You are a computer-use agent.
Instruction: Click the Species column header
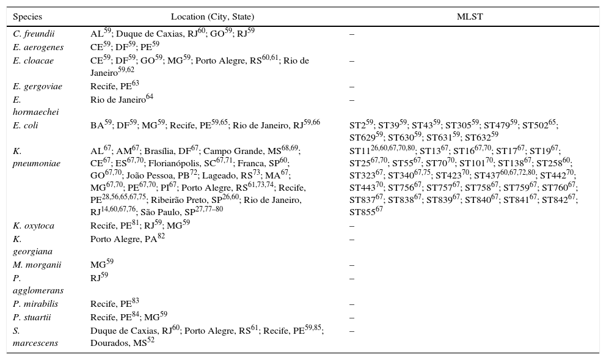(x=27, y=17)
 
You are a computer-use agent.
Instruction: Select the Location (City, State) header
(x=212, y=17)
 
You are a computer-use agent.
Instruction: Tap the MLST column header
(x=470, y=17)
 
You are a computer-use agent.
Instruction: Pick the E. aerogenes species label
(x=38, y=47)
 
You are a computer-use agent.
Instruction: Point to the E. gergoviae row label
(x=37, y=87)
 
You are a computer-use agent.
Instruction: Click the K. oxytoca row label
(x=34, y=226)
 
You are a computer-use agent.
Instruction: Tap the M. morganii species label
(x=36, y=265)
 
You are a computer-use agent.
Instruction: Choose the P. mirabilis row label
(x=36, y=304)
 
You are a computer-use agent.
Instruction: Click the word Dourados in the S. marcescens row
(x=108, y=343)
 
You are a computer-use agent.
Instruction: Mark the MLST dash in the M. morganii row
(x=351, y=265)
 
